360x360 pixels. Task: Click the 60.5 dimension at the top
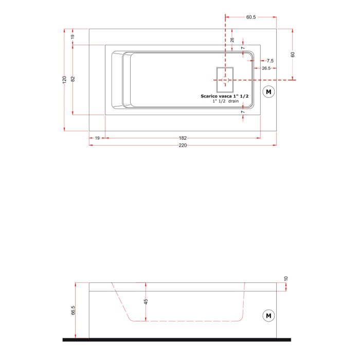pos(251,17)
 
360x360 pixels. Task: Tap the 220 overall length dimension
pos(183,146)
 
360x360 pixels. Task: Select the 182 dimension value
pos(183,138)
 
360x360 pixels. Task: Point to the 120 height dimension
pos(64,80)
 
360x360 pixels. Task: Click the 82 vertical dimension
pos(73,79)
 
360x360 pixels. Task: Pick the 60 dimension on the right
pos(293,55)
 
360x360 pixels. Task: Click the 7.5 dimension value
pos(270,61)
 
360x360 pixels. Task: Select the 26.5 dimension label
pos(266,68)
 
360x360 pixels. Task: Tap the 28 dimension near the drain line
pos(232,40)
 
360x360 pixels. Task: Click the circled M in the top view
pos(268,92)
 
